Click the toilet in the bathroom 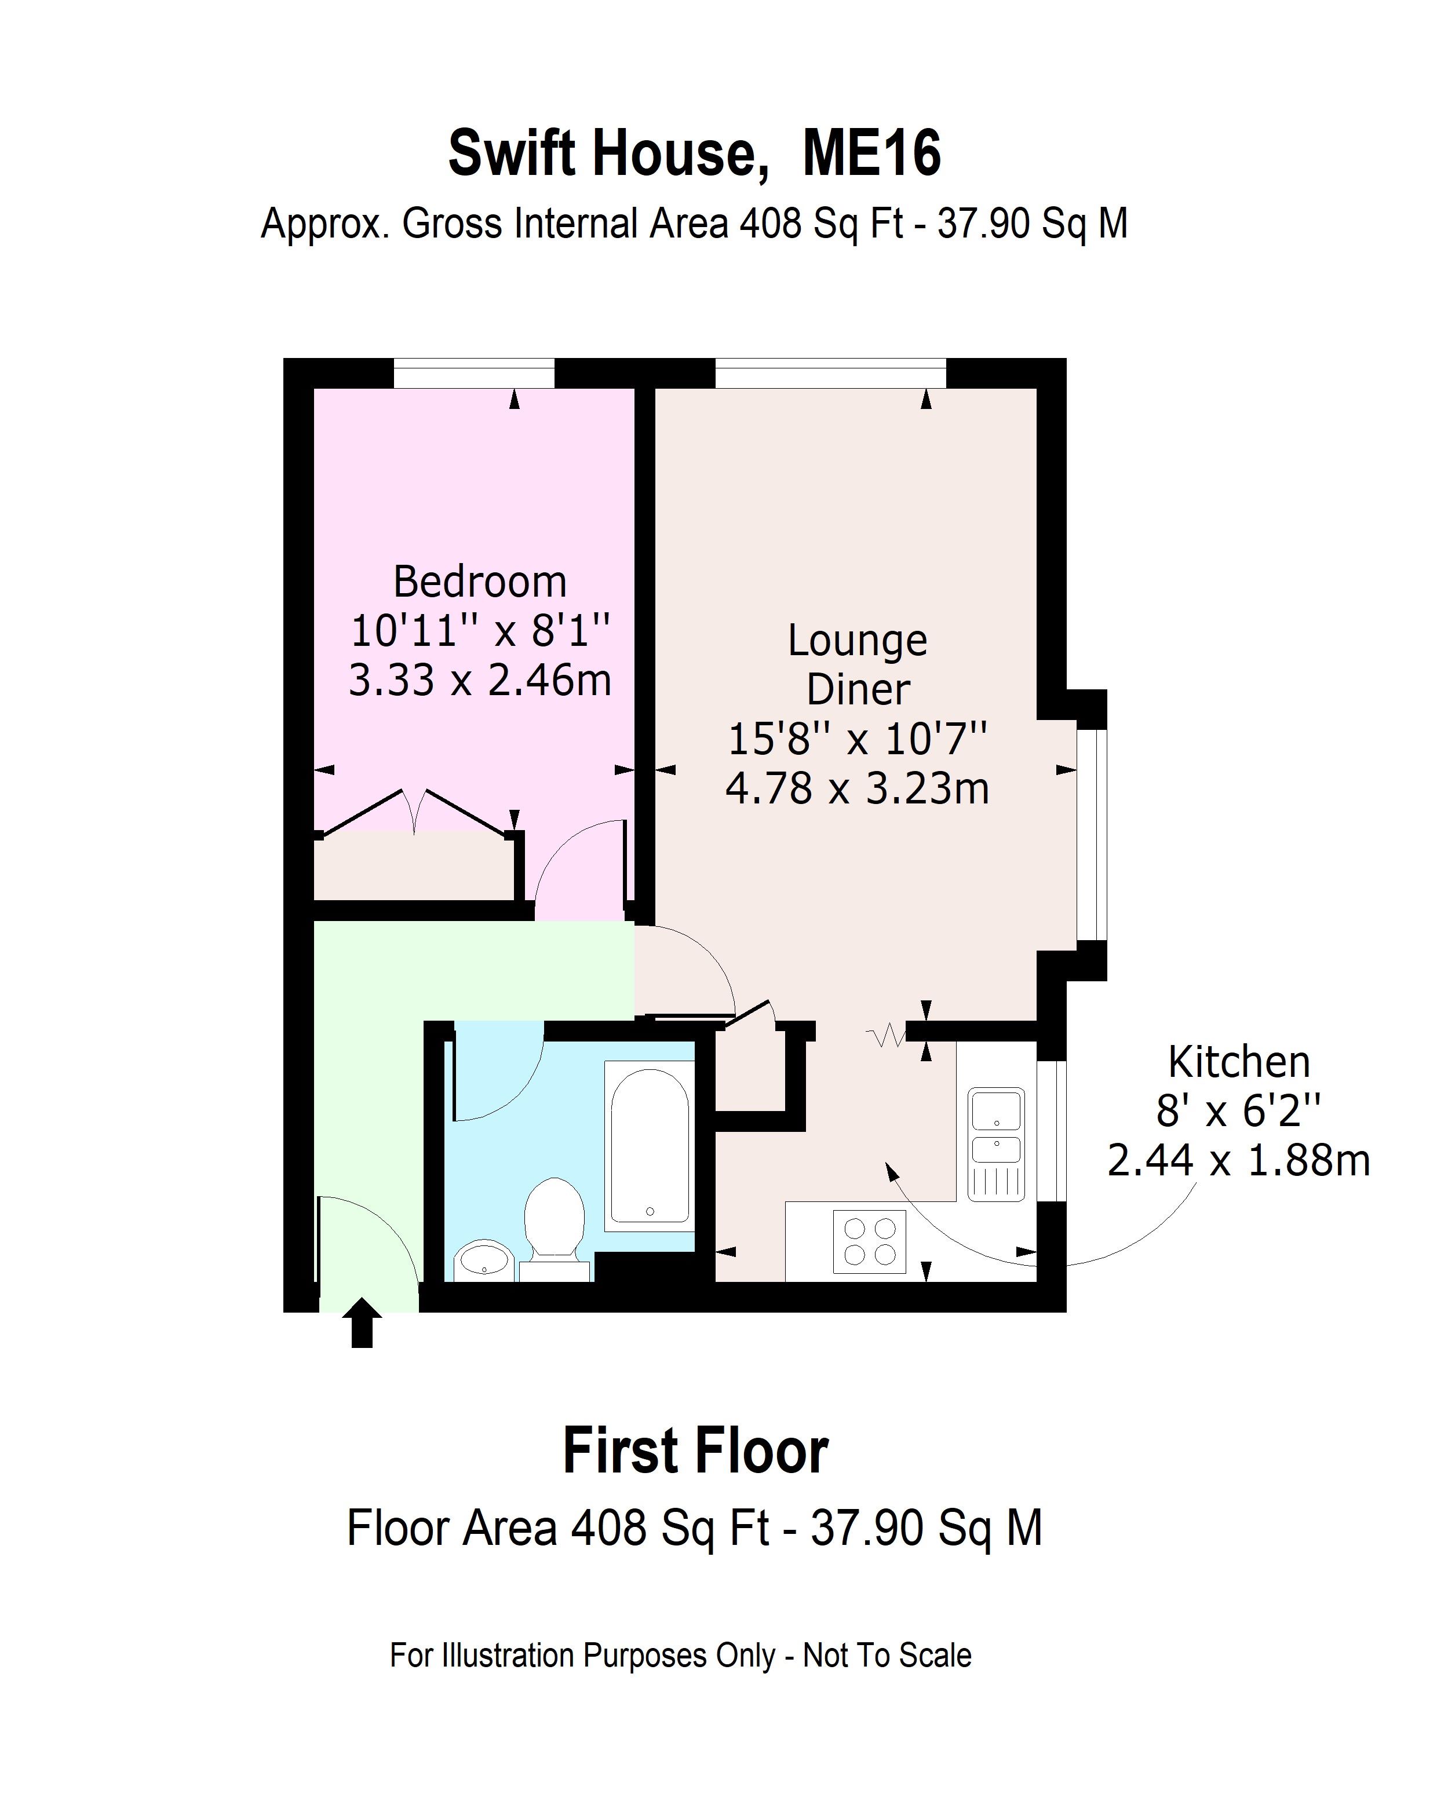tap(553, 1224)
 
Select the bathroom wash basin tap(483, 1260)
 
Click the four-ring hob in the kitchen tap(869, 1241)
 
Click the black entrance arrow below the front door tap(362, 1322)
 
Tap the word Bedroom tap(480, 582)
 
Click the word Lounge tap(858, 641)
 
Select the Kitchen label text tap(1238, 1062)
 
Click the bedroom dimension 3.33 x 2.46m tap(480, 680)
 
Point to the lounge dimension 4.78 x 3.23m tap(858, 788)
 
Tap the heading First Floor tap(695, 1451)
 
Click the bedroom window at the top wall tap(474, 374)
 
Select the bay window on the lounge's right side tap(1092, 834)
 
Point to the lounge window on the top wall tap(830, 374)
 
